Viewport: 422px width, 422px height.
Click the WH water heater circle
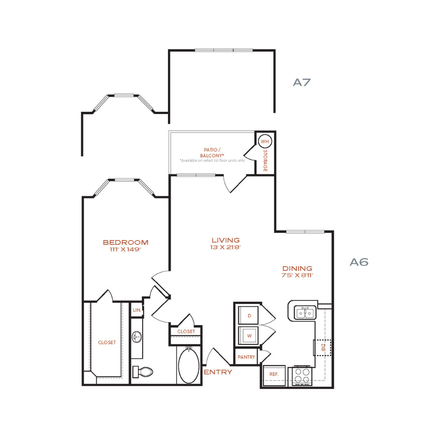click(265, 141)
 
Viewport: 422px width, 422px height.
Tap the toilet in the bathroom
click(143, 372)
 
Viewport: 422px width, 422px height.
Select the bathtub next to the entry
click(189, 365)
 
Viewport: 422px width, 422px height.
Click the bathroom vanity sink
click(137, 337)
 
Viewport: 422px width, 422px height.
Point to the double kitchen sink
click(305, 313)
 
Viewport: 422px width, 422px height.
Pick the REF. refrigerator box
click(274, 375)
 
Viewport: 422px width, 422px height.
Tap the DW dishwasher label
click(323, 347)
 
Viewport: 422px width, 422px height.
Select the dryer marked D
click(249, 315)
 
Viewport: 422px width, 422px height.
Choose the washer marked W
click(249, 335)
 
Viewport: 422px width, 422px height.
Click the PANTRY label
click(246, 357)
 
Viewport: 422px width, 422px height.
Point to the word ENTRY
click(218, 372)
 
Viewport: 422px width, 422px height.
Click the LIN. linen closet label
click(137, 310)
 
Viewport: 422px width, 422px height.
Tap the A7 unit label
click(302, 82)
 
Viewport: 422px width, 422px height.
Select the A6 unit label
click(359, 262)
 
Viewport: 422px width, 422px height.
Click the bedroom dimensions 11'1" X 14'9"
click(125, 249)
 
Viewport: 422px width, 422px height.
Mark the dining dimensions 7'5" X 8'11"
click(298, 275)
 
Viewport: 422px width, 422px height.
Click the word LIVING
click(225, 240)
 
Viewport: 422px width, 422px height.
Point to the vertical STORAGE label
click(265, 161)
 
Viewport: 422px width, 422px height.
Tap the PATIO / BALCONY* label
click(212, 153)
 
